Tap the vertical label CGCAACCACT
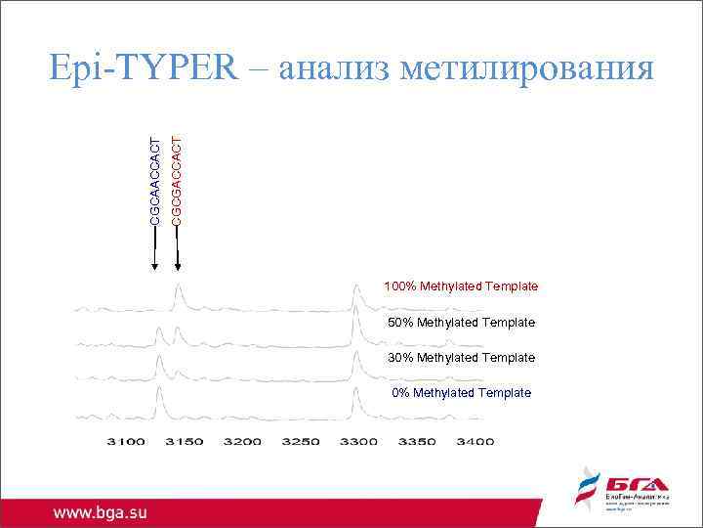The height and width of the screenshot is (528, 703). coord(155,181)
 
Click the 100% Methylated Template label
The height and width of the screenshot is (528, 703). coord(461,286)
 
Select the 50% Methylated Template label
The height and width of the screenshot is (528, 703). coord(461,322)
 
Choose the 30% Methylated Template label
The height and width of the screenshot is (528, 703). coord(461,357)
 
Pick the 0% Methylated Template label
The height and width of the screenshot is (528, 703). coord(461,392)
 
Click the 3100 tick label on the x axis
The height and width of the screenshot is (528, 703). coord(126,442)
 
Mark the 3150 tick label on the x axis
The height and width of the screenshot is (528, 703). coord(184,442)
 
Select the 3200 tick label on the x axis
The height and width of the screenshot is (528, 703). coord(242,442)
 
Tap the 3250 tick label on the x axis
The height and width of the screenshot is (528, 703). coord(301,442)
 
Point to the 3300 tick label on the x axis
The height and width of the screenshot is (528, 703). coord(358,442)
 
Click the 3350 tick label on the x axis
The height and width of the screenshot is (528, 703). coord(417,442)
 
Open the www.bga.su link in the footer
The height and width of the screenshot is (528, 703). coord(100,511)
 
